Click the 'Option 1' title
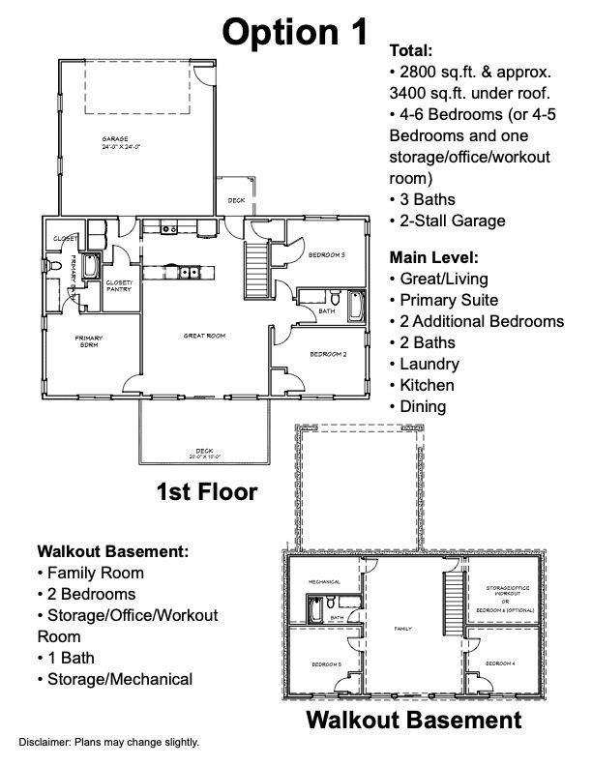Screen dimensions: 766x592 coord(295,31)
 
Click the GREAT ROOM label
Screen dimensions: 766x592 coord(204,336)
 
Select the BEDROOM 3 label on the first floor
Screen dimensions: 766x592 coord(327,254)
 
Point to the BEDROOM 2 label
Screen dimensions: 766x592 coord(327,354)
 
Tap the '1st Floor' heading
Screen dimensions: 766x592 coord(207,492)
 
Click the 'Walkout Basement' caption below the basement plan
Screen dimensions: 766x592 coord(414,721)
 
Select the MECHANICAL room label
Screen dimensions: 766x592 coord(324,582)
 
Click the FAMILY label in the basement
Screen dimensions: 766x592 coord(403,629)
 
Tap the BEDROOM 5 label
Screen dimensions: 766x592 coord(325,664)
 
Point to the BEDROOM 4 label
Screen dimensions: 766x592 coord(499,663)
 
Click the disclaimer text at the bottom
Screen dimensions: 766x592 coord(108,742)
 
